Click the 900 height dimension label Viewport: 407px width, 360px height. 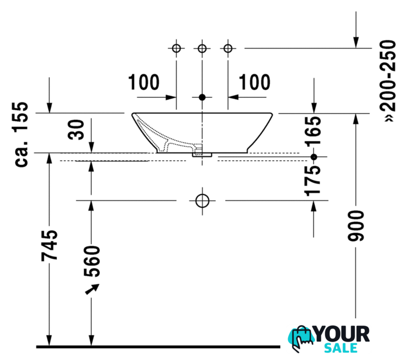[356, 226]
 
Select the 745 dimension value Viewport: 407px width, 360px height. [50, 245]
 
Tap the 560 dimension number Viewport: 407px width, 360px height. [92, 261]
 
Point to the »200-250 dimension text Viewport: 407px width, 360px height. [388, 80]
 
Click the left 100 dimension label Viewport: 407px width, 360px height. [144, 82]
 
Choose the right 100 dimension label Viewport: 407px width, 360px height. [254, 82]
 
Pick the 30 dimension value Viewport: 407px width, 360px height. [76, 130]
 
